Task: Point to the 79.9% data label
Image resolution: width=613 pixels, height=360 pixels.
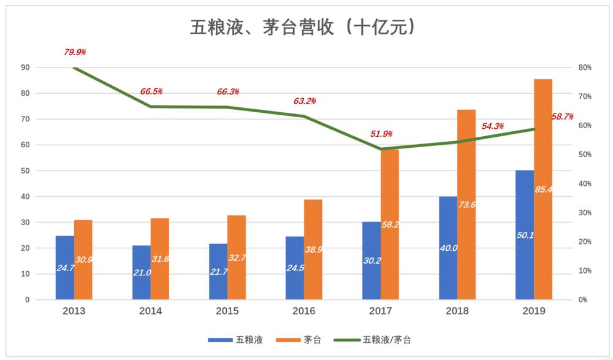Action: (x=74, y=52)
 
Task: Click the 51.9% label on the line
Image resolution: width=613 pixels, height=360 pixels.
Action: (x=381, y=134)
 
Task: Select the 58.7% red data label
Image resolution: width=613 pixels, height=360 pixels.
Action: (x=562, y=117)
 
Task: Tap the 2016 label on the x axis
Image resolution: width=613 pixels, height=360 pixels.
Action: (x=304, y=312)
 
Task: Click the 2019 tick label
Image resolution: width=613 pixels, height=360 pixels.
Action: (x=534, y=312)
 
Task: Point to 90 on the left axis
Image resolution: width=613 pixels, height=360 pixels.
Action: (x=26, y=67)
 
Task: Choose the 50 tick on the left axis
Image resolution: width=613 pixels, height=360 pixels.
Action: (x=26, y=171)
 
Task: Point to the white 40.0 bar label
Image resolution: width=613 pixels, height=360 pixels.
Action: (x=449, y=248)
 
